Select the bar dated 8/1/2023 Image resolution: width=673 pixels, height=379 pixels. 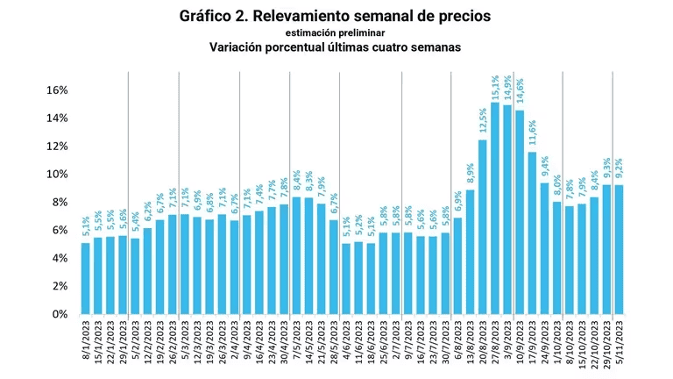point(85,278)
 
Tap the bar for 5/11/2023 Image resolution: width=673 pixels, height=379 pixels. point(619,249)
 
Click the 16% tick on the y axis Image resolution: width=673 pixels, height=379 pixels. point(56,90)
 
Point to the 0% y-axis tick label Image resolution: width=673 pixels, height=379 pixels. point(60,314)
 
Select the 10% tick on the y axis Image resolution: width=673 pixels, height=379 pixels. point(56,174)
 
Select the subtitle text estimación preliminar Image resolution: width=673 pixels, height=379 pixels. point(336,32)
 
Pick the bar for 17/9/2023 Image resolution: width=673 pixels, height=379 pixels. point(532,232)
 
